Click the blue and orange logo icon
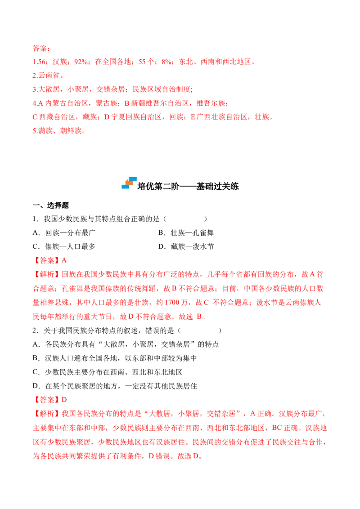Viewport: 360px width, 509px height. (x=129, y=183)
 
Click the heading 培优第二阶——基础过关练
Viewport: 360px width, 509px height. (x=188, y=186)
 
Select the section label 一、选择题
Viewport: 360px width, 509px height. (x=51, y=205)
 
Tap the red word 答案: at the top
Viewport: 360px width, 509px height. (x=41, y=49)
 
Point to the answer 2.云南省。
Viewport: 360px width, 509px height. (x=49, y=76)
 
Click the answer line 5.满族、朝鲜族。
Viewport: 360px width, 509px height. (x=59, y=131)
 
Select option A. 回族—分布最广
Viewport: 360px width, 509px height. (x=64, y=233)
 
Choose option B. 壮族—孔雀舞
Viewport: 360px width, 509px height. (x=186, y=233)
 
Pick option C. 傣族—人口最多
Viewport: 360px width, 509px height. (x=64, y=246)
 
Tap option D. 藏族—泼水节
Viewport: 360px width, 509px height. (x=186, y=246)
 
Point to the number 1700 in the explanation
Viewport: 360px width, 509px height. (x=172, y=303)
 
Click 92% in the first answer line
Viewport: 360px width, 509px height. (x=81, y=62)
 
